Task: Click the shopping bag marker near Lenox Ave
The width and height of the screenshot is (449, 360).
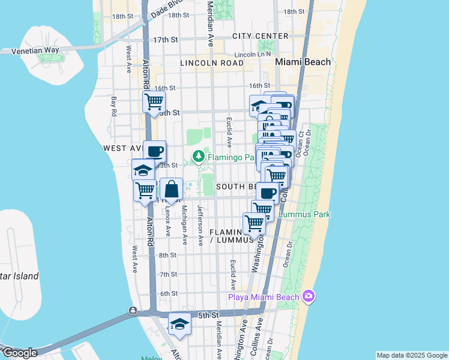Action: pos(172,190)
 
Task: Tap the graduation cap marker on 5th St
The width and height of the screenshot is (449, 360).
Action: pos(179,325)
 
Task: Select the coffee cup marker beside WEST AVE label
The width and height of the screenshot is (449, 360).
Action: pos(154,151)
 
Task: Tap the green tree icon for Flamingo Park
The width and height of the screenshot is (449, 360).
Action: pos(198,157)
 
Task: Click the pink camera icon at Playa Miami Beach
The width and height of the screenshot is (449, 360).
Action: pos(309,296)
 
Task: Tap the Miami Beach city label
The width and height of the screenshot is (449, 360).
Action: pos(303,62)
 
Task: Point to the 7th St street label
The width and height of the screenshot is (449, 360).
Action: pos(168,274)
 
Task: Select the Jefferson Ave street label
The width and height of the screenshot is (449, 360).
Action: pos(200,225)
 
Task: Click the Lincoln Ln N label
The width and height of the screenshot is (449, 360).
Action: pos(253,55)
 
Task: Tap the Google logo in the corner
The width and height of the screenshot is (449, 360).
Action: pos(20,353)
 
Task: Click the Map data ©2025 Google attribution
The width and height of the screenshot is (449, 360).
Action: pos(411,355)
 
